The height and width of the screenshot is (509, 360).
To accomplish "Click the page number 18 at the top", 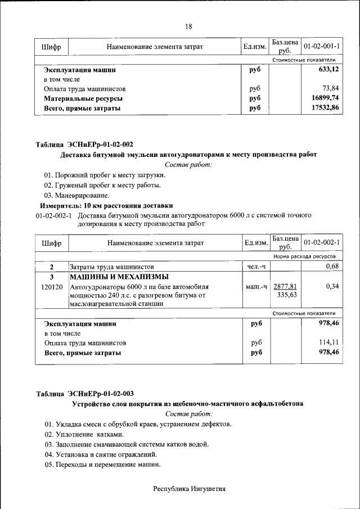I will [x=188, y=26].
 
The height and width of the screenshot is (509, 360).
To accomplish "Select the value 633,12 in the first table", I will [x=329, y=70].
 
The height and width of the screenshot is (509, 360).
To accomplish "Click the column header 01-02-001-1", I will [x=325, y=46].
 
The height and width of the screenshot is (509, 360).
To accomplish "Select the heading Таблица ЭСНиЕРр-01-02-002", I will [x=84, y=145].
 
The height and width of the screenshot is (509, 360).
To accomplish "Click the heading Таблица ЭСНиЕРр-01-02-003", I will [x=84, y=394].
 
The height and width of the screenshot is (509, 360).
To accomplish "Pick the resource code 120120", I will [x=52, y=287].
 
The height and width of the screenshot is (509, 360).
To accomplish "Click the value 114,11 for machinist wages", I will [x=329, y=343].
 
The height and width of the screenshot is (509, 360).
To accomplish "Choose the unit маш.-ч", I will [x=256, y=287].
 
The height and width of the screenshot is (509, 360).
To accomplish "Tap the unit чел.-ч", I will [x=256, y=267].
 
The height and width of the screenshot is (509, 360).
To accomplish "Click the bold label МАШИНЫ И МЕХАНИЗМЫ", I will [x=119, y=277].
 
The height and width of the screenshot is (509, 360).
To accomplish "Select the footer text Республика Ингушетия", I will [x=190, y=489].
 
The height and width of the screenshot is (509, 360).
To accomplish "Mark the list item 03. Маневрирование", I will [x=77, y=195].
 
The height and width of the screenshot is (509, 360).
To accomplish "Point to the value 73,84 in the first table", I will [x=331, y=89].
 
